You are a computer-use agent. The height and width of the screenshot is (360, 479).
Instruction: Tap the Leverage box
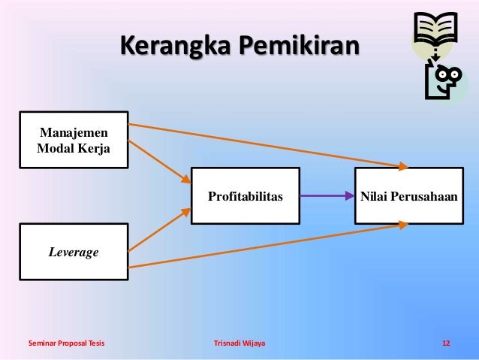coord(73,253)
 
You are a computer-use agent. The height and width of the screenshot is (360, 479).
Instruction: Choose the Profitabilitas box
coord(246,196)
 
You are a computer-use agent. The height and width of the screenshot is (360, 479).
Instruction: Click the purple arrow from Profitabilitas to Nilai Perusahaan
coord(327,196)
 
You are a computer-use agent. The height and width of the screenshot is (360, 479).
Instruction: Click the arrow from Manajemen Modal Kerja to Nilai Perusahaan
coord(267,144)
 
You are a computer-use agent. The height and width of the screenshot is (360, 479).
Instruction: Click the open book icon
coord(435,29)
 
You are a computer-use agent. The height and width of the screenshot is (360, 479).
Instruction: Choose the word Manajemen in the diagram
coord(73,131)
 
